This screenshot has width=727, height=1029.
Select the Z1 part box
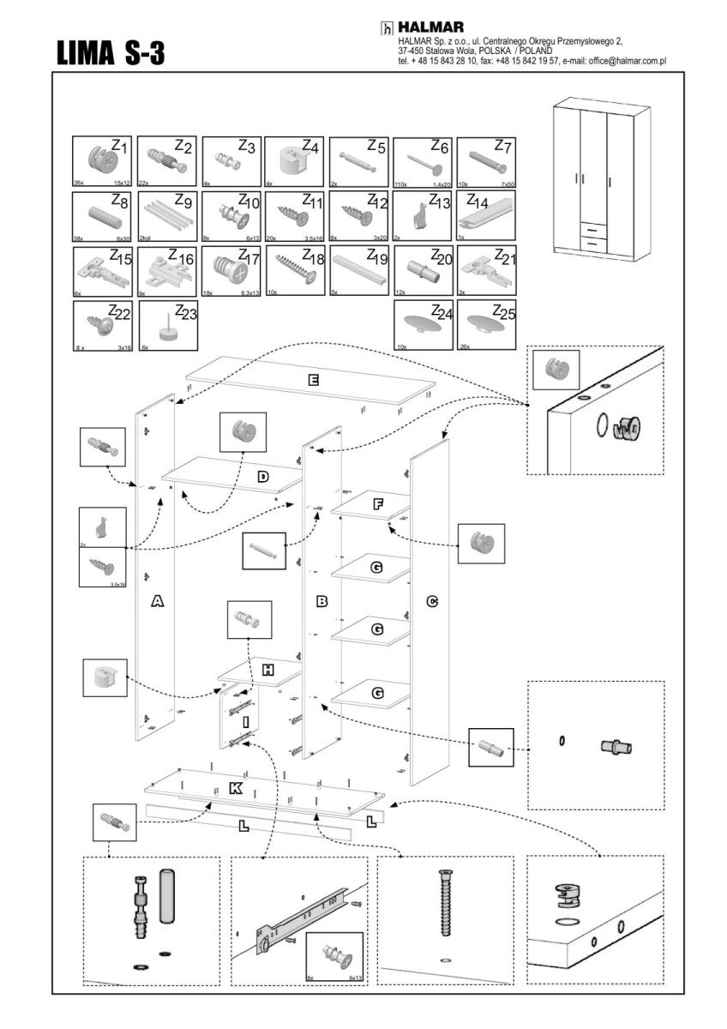coord(103,161)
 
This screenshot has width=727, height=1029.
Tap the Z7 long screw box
coord(486,161)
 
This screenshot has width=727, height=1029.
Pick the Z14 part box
coord(486,215)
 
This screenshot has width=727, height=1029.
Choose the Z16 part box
coord(167,269)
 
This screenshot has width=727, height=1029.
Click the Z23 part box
coord(167,324)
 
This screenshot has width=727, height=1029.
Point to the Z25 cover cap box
coord(486,324)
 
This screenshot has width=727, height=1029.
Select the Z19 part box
coord(358,269)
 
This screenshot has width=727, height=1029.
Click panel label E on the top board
coord(314,379)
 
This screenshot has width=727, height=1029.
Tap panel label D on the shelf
coord(263,475)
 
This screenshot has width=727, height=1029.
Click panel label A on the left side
coord(157,602)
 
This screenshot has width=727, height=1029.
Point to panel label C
coord(432,602)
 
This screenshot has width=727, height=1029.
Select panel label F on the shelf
coord(377,504)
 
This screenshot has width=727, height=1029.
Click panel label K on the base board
coord(236,789)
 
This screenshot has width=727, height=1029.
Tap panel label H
coord(267,670)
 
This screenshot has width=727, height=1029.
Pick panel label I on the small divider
coord(246,723)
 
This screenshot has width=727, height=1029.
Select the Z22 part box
coord(103,324)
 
